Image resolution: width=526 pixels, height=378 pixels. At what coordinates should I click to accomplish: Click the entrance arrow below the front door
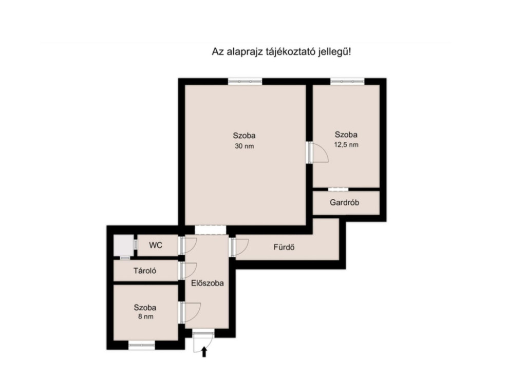204,352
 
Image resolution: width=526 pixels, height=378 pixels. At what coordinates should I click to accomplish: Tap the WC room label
156,245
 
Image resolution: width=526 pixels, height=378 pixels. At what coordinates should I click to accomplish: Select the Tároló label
145,271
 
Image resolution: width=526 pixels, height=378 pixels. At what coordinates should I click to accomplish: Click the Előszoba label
208,283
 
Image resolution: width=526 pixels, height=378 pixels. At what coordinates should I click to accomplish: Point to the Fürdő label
284,247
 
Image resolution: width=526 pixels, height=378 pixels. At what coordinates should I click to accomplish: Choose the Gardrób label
344,202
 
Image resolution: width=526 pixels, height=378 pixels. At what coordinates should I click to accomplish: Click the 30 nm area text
244,146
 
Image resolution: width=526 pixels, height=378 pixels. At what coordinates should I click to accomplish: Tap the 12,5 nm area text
346,144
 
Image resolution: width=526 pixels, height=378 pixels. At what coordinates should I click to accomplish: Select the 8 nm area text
145,316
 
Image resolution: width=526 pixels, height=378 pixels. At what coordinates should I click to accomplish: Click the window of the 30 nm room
245,81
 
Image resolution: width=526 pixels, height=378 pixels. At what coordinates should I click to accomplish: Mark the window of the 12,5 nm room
347,81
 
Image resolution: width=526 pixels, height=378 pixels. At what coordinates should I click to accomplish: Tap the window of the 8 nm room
142,345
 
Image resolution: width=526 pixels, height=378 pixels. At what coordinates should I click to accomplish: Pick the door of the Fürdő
239,247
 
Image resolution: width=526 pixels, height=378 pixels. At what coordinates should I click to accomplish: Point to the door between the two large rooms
317,153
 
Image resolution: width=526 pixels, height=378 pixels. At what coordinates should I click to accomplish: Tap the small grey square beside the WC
124,246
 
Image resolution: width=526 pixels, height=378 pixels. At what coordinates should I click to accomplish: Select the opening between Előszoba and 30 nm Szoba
210,230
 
